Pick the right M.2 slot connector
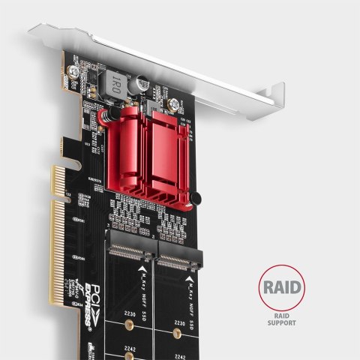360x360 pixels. [x=180, y=260]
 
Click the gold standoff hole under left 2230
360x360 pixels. [x=129, y=325]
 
